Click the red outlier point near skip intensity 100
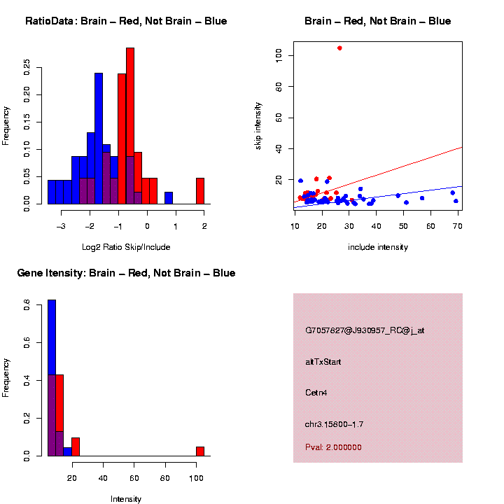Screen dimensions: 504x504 [339, 48]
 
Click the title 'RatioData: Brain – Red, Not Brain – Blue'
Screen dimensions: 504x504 [126, 21]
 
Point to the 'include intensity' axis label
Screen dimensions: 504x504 [377, 247]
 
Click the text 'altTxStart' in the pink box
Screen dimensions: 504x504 [323, 362]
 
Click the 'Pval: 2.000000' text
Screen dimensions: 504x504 [333, 447]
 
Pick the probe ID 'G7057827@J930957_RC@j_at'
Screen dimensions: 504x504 [364, 330]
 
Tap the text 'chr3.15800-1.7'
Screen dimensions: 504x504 [334, 424]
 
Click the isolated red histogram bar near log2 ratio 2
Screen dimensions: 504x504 [200, 190]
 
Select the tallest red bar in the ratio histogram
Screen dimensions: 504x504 [130, 126]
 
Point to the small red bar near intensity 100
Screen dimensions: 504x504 [200, 451]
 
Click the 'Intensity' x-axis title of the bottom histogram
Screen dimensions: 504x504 [126, 499]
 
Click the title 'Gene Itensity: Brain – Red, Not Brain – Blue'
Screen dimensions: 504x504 [126, 273]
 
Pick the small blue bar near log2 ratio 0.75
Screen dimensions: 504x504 [169, 197]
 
